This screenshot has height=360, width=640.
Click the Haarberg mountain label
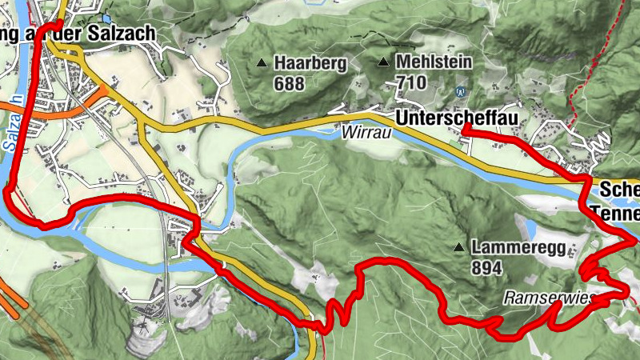(310, 62)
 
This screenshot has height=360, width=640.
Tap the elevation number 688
(290, 82)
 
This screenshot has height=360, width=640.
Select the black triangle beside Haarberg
(262, 62)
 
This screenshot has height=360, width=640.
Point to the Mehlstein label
(434, 62)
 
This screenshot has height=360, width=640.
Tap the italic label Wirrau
(366, 134)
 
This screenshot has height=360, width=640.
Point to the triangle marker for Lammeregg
(459, 246)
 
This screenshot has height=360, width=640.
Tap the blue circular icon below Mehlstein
(460, 90)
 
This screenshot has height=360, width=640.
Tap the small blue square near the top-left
(106, 18)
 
